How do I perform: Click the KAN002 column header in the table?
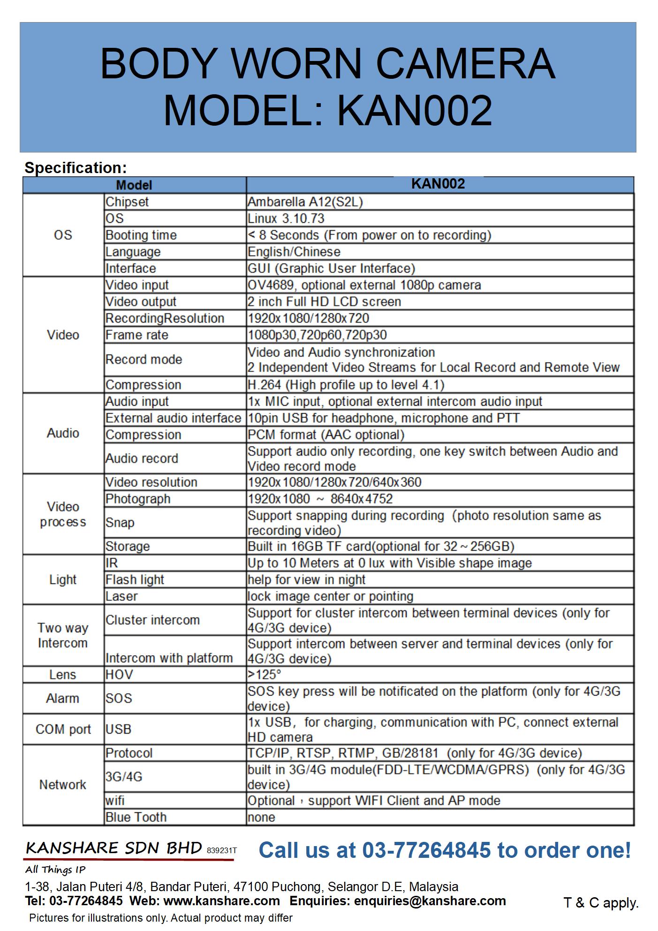438,183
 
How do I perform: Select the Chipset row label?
127,202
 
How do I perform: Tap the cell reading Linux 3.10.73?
286,219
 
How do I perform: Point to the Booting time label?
141,235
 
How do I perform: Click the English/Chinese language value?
294,252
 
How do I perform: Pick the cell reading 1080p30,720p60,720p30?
318,335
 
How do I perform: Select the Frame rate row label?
136,335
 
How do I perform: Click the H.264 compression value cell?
346,385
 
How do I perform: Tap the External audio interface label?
173,418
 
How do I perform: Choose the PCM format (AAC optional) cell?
326,435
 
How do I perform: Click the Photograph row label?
138,499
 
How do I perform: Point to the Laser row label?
121,596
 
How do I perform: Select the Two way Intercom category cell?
63,635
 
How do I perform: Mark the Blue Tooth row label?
136,817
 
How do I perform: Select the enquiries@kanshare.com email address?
430,901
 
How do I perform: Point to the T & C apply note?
601,902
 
